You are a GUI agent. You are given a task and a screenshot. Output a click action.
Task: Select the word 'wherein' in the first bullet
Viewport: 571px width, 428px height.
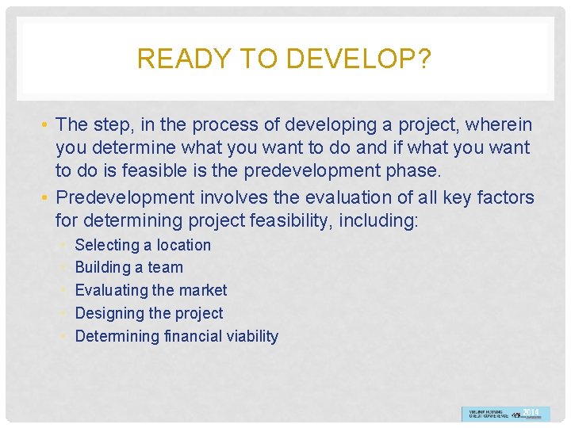tap(500, 124)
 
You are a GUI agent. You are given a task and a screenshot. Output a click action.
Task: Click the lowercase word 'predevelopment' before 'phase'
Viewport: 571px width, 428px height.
tap(307, 170)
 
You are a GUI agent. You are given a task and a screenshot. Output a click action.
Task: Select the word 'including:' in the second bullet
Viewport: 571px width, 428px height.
tap(378, 220)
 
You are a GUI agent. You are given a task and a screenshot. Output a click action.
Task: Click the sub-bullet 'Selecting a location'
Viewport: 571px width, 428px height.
tap(143, 245)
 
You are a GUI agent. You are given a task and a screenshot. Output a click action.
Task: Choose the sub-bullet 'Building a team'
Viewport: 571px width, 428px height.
tap(128, 268)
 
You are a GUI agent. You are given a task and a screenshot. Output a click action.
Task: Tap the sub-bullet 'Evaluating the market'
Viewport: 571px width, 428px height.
tap(151, 290)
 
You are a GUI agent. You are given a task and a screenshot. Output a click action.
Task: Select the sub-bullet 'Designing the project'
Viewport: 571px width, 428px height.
tap(148, 313)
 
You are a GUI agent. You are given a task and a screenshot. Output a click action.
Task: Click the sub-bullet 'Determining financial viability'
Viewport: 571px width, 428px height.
tap(176, 336)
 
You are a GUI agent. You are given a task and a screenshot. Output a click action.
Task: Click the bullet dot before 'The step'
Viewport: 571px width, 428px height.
tap(47, 124)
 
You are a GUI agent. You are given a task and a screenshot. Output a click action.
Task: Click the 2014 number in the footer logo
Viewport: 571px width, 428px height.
tap(531, 411)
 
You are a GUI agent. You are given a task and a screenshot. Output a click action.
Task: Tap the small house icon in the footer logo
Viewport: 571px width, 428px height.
tap(516, 414)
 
